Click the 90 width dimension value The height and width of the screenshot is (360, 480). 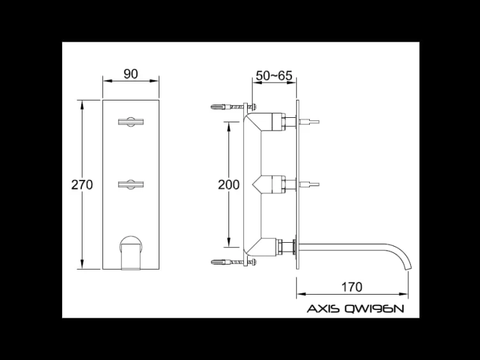(x=131, y=74)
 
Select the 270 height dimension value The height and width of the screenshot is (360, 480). (x=82, y=184)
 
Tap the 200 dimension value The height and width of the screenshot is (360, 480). (x=228, y=184)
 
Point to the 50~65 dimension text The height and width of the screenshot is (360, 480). (x=274, y=76)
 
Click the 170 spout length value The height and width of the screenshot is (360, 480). (x=351, y=287)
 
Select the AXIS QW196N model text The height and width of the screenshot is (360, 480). (x=355, y=309)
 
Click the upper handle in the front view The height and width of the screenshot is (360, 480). (x=131, y=122)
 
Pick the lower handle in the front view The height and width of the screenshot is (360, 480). (x=131, y=184)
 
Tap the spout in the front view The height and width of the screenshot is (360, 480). (x=131, y=253)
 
